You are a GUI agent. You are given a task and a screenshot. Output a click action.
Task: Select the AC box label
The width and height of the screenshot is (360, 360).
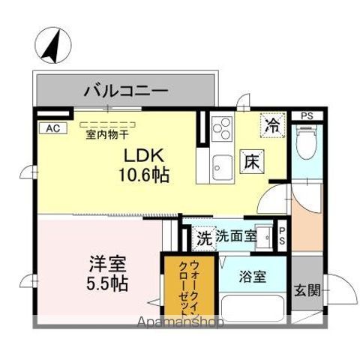pos(51,128)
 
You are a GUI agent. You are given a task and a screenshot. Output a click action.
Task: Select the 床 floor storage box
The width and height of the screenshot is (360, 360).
pos(250,160)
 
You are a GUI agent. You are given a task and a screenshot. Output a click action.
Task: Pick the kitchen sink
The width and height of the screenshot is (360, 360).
pos(222,164)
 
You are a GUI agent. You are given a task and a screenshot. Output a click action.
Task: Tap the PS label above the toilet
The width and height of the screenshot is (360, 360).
pos(306,116)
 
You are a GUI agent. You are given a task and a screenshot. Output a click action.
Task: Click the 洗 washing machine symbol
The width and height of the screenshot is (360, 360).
pos(204,238)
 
